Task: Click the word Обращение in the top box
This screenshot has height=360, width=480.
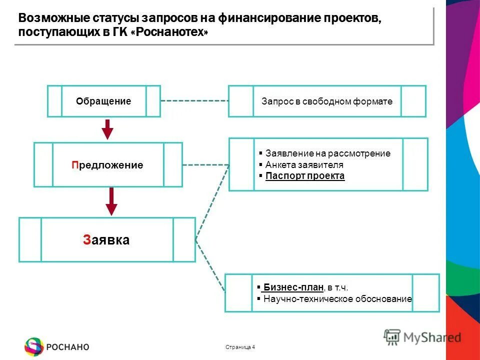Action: click(103, 101)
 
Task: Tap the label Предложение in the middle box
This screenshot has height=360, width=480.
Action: click(107, 165)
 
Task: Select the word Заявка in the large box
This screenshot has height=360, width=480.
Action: click(106, 240)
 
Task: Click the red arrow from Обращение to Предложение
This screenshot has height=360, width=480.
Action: click(107, 129)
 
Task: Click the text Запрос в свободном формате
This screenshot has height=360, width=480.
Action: click(327, 101)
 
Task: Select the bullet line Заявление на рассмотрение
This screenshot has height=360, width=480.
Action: click(327, 153)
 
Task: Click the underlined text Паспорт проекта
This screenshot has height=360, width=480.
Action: click(305, 176)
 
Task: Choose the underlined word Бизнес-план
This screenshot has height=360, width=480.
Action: click(293, 287)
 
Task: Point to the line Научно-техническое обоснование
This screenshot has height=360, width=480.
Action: click(337, 299)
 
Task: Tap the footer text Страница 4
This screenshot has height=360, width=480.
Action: click(240, 347)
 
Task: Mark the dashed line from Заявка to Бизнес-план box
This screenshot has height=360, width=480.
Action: click(209, 266)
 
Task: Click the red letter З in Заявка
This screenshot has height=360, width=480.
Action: click(87, 240)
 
